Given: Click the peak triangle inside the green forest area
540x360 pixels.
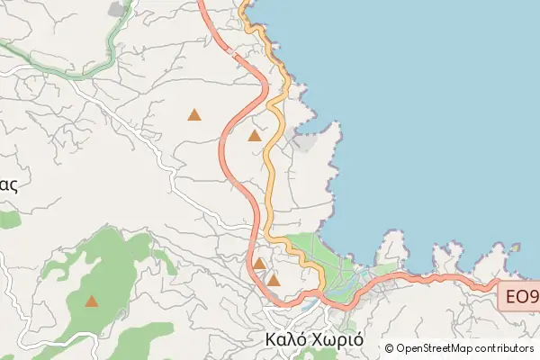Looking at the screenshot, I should [x=92, y=301].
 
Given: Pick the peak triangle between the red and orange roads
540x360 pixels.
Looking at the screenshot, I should [x=255, y=136].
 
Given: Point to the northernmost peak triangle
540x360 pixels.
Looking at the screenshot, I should [x=194, y=114].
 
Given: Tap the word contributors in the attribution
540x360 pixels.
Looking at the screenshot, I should [x=505, y=348].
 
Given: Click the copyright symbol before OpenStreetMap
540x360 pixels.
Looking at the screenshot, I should [x=390, y=348].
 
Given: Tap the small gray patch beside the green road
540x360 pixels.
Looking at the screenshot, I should [x=118, y=9].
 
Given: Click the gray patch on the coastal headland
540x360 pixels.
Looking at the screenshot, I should [x=306, y=141].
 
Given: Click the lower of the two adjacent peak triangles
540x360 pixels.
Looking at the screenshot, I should [x=274, y=281].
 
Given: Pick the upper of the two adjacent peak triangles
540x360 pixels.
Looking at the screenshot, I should [x=259, y=264].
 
